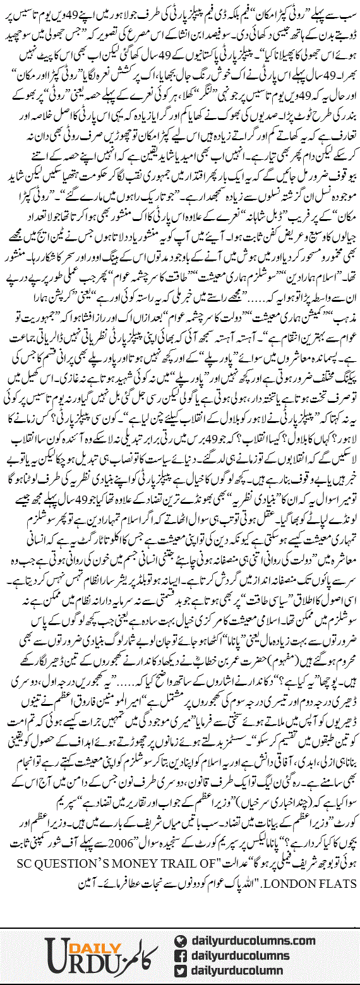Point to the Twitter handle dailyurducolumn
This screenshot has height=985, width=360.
click(239, 970)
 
